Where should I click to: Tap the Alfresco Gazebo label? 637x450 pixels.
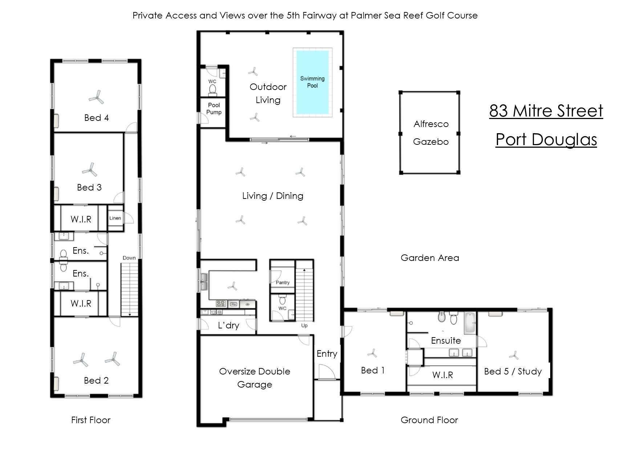(431, 133)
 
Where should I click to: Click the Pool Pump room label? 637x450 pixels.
(214, 109)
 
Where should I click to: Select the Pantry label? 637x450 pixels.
(283, 282)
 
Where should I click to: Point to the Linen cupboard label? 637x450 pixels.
(115, 218)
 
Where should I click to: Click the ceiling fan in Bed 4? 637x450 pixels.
(96, 97)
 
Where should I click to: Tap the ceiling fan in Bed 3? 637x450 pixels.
(89, 169)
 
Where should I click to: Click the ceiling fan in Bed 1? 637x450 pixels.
(372, 353)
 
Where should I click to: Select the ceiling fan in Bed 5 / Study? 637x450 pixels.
(514, 355)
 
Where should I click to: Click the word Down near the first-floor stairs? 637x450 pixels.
(129, 258)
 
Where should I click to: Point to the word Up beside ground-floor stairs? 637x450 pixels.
(304, 326)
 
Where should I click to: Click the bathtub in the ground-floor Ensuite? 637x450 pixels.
(470, 323)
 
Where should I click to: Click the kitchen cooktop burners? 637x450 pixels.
(222, 303)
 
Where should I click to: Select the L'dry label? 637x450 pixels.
(228, 326)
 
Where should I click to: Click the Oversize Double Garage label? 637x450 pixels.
(255, 378)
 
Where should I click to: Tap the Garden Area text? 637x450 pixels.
(430, 258)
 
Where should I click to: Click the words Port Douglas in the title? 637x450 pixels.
(546, 139)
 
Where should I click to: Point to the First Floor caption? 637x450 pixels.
(91, 420)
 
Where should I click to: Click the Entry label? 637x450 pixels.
(327, 354)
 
